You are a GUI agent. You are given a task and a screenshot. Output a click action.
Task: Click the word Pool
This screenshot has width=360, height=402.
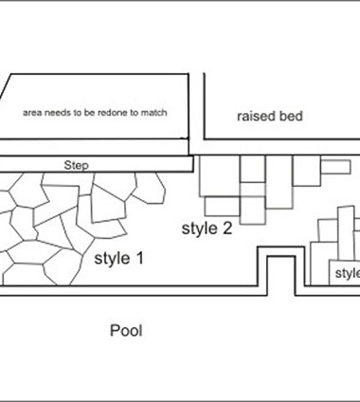[126, 331]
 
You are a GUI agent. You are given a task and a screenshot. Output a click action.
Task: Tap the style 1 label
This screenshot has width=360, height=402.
[119, 258]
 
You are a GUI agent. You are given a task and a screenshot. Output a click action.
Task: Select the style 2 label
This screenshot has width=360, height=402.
[207, 228]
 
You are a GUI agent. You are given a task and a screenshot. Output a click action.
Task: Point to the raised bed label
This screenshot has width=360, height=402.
[270, 116]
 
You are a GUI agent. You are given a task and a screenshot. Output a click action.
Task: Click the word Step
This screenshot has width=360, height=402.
[76, 165]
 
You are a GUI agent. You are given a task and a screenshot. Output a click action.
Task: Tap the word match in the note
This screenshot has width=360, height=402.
[153, 113]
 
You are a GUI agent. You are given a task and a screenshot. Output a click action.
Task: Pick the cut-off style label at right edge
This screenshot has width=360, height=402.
[348, 273]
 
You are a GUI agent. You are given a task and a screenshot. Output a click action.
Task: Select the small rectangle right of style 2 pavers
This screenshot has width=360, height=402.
[335, 167]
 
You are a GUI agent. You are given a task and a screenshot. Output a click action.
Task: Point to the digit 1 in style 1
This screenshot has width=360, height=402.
[139, 258]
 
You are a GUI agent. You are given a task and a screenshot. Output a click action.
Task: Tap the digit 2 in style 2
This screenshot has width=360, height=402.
[227, 228]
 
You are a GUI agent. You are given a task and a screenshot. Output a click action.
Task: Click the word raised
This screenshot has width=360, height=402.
[257, 116]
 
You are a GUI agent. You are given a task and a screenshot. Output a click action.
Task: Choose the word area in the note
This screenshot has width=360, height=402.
[32, 113]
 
